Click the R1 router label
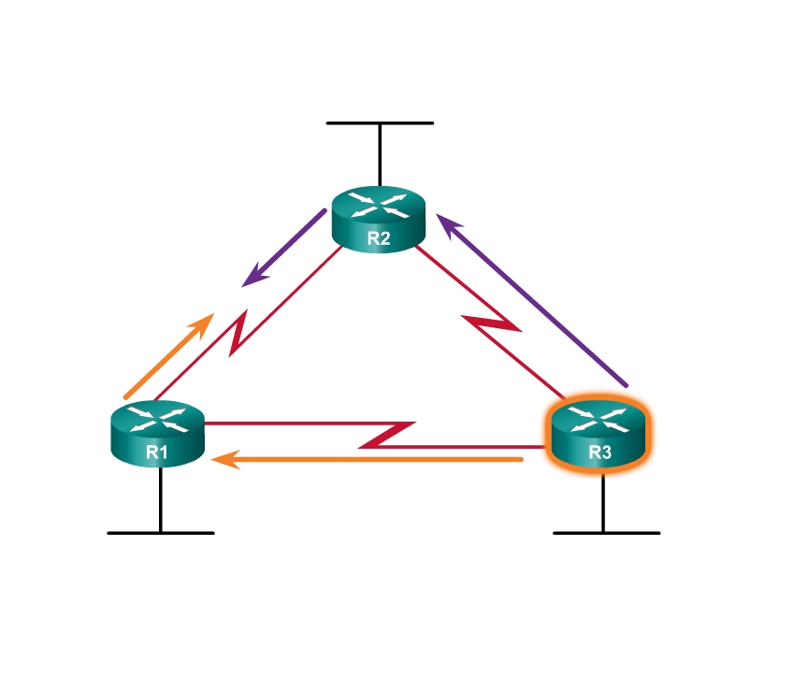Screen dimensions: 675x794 (156, 453)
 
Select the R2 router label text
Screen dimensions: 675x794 (379, 237)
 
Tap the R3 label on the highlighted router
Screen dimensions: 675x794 (599, 453)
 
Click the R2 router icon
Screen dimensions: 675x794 (379, 217)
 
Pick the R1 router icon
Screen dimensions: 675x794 (156, 431)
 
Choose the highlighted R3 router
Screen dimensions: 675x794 (599, 433)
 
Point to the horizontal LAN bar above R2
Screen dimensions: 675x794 (380, 122)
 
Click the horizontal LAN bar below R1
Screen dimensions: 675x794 (161, 533)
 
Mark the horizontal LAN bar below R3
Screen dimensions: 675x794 (606, 533)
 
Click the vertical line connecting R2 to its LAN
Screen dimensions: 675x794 (380, 154)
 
